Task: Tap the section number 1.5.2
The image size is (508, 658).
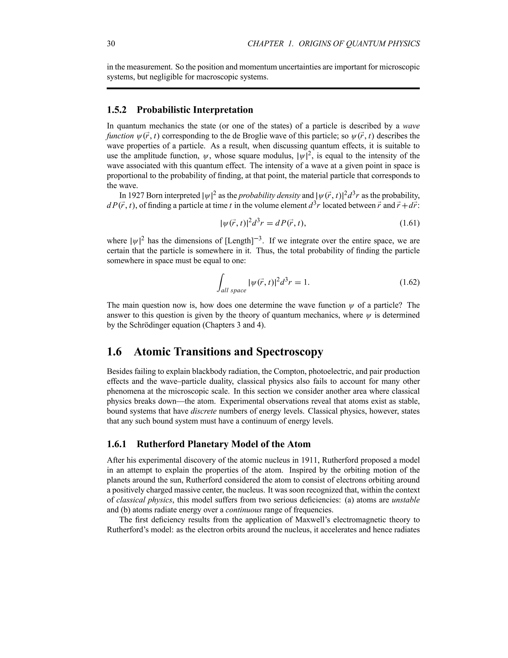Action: [117, 110]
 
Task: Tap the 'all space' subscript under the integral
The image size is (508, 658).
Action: [233, 291]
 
